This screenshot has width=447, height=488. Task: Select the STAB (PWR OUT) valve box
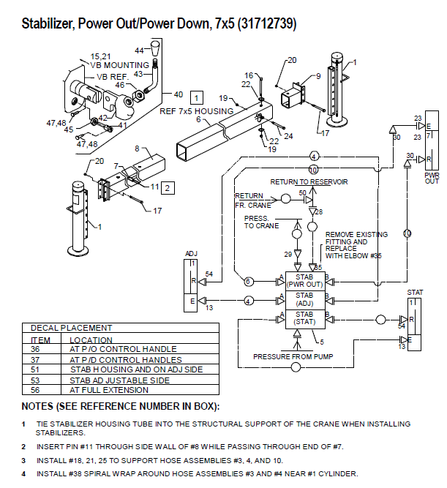click(x=305, y=280)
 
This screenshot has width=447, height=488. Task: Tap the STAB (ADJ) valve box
click(x=305, y=299)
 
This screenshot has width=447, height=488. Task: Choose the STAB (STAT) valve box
click(x=305, y=318)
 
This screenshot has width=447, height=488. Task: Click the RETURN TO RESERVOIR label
click(x=309, y=181)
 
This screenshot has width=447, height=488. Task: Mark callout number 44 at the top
click(x=139, y=50)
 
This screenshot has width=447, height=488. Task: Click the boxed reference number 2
click(x=168, y=188)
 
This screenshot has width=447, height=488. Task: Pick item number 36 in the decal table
click(x=36, y=350)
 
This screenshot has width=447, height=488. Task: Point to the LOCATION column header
click(x=91, y=339)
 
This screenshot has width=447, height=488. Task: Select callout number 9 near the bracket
click(x=318, y=75)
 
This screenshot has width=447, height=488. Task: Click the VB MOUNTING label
click(x=120, y=65)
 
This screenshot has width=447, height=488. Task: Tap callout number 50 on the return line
click(x=301, y=192)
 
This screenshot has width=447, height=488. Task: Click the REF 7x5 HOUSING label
click(x=197, y=111)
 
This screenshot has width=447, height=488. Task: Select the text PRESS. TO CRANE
click(x=261, y=222)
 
